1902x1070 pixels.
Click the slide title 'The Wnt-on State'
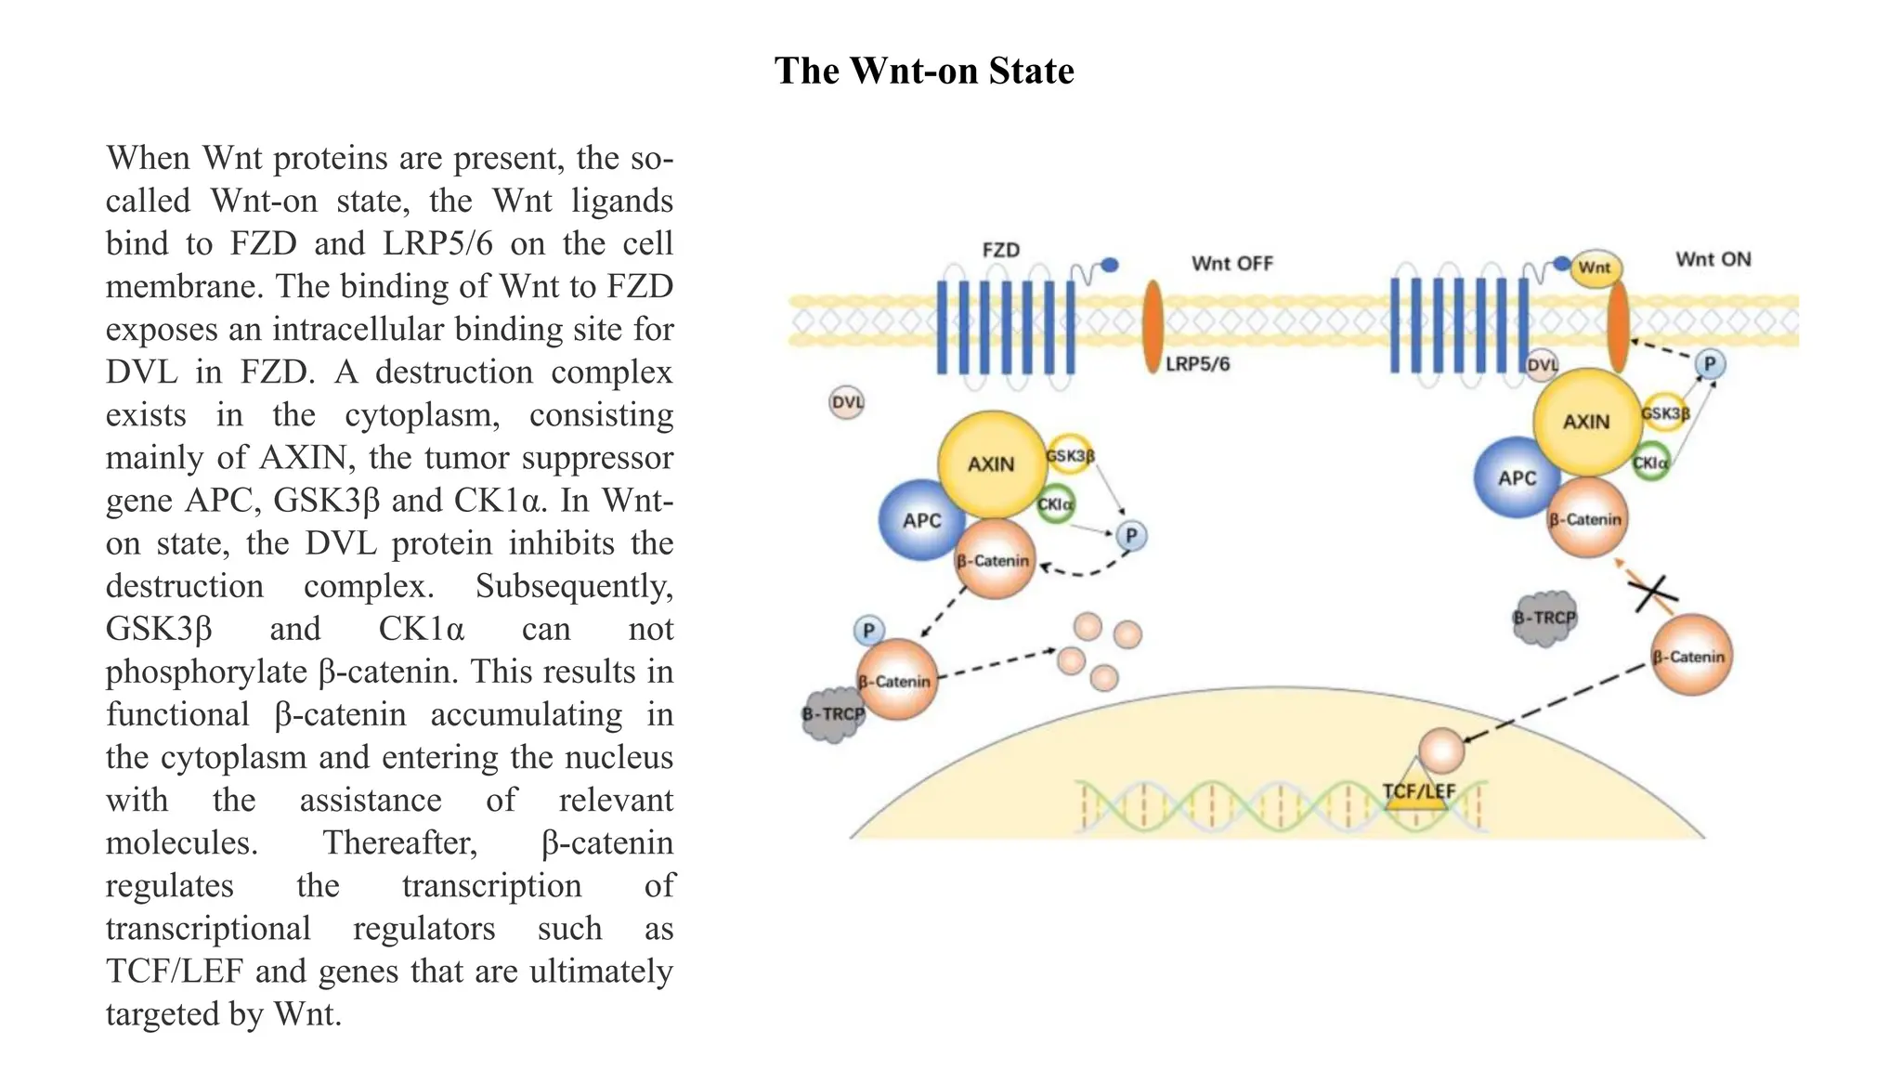pyautogui.click(x=924, y=72)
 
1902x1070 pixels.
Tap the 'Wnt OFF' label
pyautogui.click(x=1231, y=264)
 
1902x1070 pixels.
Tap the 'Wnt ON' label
pyautogui.click(x=1713, y=259)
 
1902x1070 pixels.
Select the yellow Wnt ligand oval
pyautogui.click(x=1595, y=268)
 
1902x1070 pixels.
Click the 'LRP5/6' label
pyautogui.click(x=1197, y=364)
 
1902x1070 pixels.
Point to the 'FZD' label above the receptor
pyautogui.click(x=1000, y=250)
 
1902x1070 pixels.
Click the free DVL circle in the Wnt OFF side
pyautogui.click(x=846, y=403)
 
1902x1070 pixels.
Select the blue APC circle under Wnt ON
pyautogui.click(x=1516, y=477)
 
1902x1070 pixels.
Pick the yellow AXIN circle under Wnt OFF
pyautogui.click(x=991, y=463)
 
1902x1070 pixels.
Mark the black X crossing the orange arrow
pyautogui.click(x=1652, y=592)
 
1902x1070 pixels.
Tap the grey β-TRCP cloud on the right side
pyautogui.click(x=1544, y=618)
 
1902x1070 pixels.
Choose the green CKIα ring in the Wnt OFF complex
pyautogui.click(x=1055, y=504)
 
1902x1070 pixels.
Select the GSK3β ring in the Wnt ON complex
pyautogui.click(x=1665, y=413)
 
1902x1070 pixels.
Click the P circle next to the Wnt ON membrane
pyautogui.click(x=1709, y=364)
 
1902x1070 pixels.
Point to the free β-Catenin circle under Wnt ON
pyautogui.click(x=1690, y=657)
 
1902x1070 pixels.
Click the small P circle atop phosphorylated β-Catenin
pyautogui.click(x=868, y=631)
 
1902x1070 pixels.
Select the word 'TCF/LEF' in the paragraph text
pyautogui.click(x=175, y=971)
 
